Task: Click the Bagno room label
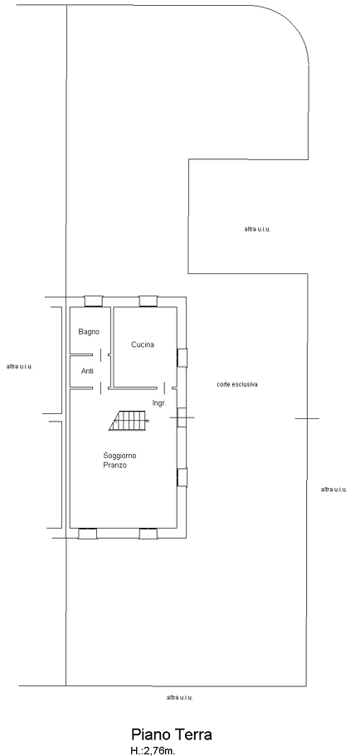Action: click(89, 332)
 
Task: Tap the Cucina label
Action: click(143, 344)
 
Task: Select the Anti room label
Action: click(87, 371)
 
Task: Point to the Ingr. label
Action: click(159, 402)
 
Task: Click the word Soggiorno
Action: click(119, 455)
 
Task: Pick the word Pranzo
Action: click(114, 466)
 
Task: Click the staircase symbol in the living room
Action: click(129, 421)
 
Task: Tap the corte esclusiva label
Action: click(237, 384)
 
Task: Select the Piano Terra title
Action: click(172, 734)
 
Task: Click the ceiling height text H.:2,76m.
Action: click(153, 750)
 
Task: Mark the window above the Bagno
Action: click(94, 301)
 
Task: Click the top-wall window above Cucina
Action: click(148, 301)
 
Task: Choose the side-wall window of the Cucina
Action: click(182, 358)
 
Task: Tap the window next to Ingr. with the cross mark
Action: click(182, 417)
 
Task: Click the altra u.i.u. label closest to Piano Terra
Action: click(179, 697)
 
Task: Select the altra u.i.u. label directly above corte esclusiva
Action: click(257, 229)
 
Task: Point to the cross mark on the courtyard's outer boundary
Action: click(308, 418)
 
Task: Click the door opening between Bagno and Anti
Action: click(100, 355)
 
